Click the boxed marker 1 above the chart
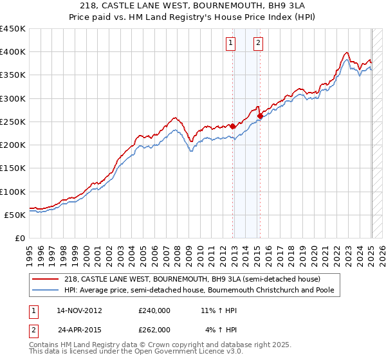(230, 43)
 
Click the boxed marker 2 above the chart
(258, 43)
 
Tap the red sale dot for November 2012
(233, 127)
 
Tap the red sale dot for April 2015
(260, 116)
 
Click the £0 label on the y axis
(19, 238)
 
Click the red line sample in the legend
(47, 279)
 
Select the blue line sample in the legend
(47, 291)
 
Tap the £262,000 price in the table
(154, 329)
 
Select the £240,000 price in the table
(154, 310)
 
